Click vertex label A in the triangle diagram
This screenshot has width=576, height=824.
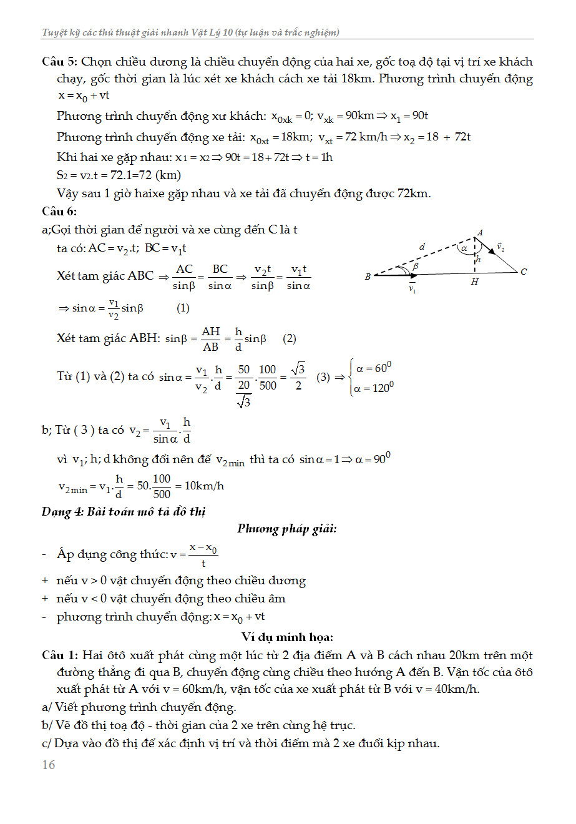pos(480,233)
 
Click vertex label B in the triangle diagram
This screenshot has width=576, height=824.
pos(368,277)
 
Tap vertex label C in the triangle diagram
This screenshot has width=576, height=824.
pos(524,272)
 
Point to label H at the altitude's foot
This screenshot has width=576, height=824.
pos(475,282)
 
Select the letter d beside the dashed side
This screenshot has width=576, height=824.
pos(422,247)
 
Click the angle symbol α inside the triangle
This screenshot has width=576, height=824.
pos(464,248)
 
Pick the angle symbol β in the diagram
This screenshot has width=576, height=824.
pos(416,266)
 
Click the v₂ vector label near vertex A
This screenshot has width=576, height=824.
pos(500,247)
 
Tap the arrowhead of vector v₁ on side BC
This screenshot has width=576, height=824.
pos(414,275)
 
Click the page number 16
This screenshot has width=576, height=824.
pos(49,765)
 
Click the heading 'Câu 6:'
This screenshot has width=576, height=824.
pos(59,212)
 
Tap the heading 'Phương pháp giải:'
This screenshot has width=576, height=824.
pos(287,529)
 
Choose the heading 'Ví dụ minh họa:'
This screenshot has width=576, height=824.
pos(287,637)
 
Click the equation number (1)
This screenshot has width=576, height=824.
pos(183,308)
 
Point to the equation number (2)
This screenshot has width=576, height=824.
pos(290,338)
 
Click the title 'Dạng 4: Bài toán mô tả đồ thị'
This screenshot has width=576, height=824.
pos(124,511)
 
